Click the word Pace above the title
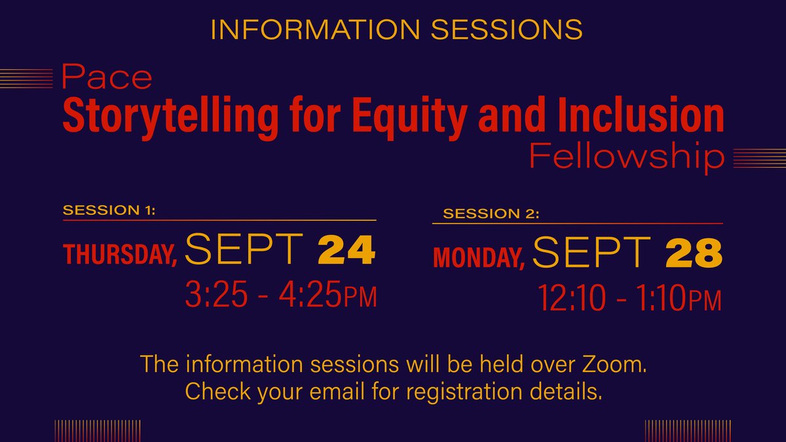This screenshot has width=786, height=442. pyautogui.click(x=107, y=79)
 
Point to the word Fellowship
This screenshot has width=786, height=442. pyautogui.click(x=627, y=158)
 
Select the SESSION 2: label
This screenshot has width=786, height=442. pyautogui.click(x=491, y=214)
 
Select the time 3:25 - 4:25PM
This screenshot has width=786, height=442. pyautogui.click(x=282, y=297)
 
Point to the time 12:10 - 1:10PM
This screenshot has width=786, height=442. pyautogui.click(x=630, y=301)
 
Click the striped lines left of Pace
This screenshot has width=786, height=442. pyautogui.click(x=26, y=79)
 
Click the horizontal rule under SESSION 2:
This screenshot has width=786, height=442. pyautogui.click(x=576, y=224)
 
